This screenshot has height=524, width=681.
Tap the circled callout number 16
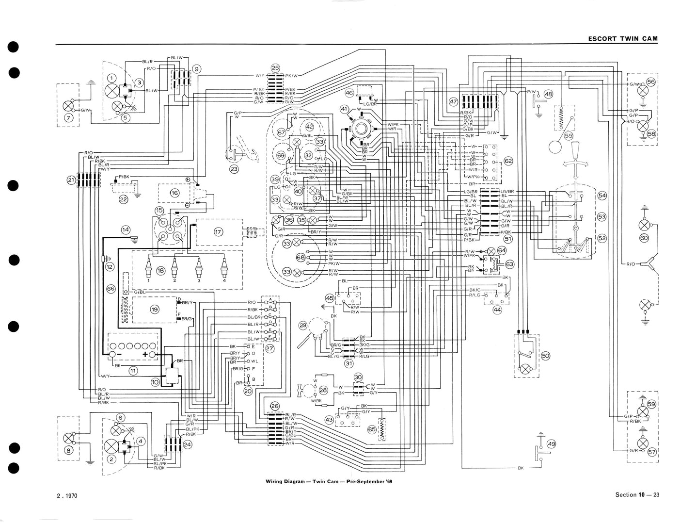(x=174, y=193)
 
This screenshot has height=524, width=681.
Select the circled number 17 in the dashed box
(x=218, y=232)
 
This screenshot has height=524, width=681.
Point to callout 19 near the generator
(x=155, y=310)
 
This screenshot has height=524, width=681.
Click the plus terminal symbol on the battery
(x=145, y=355)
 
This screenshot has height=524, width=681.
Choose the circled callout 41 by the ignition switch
(x=344, y=109)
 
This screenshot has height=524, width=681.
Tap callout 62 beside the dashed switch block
(x=508, y=161)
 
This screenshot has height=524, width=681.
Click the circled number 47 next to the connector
(x=453, y=102)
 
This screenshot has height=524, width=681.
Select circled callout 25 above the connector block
(x=275, y=67)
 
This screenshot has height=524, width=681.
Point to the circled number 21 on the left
(x=71, y=180)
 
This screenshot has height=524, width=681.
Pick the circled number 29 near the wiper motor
(x=303, y=325)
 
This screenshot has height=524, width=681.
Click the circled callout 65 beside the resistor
(x=372, y=430)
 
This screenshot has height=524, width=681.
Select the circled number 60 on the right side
(x=644, y=238)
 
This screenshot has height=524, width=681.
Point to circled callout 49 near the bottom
(x=551, y=443)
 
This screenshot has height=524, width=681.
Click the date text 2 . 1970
(x=67, y=495)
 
